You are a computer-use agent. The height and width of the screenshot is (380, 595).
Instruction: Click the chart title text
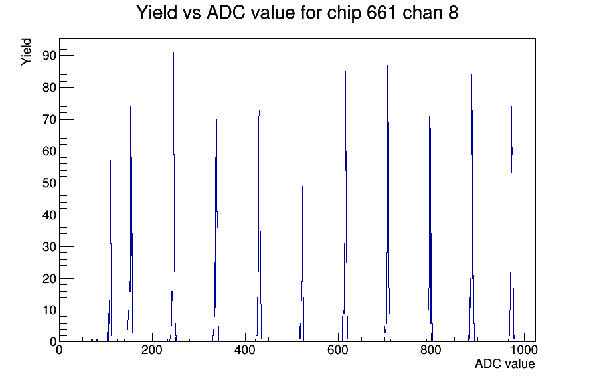[x=297, y=13]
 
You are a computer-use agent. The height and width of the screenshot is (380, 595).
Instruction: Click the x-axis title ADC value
[x=504, y=364]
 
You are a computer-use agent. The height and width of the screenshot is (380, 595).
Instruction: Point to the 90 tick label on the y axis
[x=47, y=55]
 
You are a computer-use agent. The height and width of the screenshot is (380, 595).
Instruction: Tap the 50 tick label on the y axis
[x=47, y=183]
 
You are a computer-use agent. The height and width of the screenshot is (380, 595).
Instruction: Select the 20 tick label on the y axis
[x=47, y=278]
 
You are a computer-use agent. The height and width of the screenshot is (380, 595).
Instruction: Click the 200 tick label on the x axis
[x=152, y=351]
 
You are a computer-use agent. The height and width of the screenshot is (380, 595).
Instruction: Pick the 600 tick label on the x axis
[x=338, y=351]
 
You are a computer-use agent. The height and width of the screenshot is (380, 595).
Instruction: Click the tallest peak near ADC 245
[x=173, y=53]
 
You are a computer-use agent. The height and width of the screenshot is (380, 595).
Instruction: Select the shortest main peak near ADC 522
[x=302, y=187]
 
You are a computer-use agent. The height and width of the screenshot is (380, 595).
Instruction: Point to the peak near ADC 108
[x=110, y=161]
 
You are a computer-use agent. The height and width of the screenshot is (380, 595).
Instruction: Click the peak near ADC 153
[x=131, y=108]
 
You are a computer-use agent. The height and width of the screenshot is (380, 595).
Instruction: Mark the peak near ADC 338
[x=216, y=120]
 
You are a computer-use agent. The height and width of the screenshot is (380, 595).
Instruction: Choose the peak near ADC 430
[x=260, y=111]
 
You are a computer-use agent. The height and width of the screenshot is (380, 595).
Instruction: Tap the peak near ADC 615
[x=345, y=72]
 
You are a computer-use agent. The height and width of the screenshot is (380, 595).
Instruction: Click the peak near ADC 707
[x=388, y=66]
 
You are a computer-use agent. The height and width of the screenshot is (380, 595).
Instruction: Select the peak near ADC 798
[x=430, y=117]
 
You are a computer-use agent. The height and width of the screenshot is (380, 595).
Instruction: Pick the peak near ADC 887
[x=471, y=76]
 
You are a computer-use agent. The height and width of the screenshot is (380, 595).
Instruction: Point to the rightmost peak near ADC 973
[x=511, y=108]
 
